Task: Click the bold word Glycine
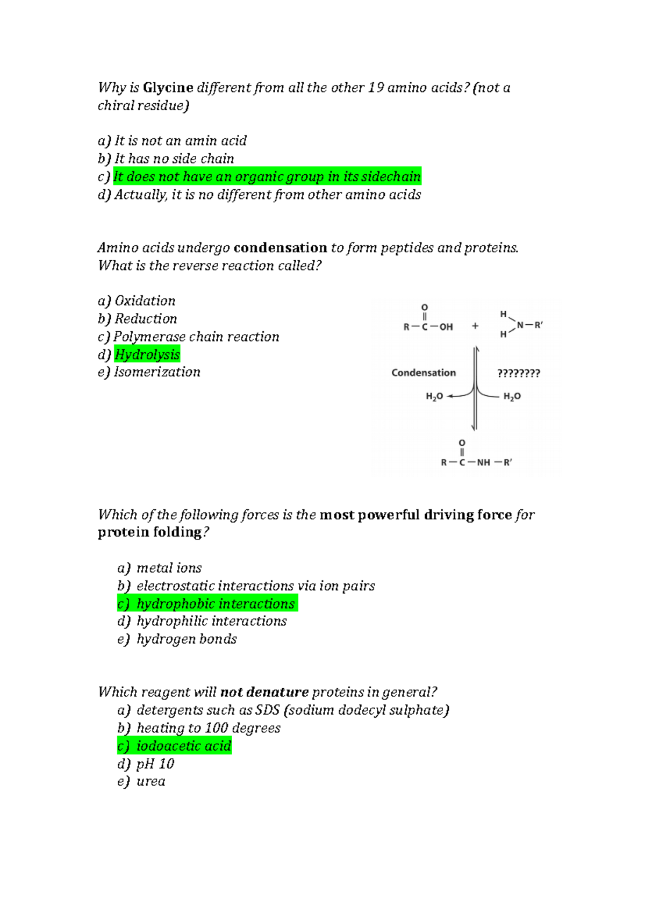168,88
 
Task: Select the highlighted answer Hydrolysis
147,354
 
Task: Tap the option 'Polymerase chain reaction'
196,337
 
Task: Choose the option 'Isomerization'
157,372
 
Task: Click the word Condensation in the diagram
424,373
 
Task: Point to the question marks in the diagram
519,373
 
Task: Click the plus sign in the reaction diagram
475,326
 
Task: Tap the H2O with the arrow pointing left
434,396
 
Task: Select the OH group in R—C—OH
446,327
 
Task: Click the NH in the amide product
483,462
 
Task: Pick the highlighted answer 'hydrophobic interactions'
215,604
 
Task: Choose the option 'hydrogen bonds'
187,639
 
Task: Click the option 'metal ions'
169,568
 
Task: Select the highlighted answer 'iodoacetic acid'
184,746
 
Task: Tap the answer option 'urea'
151,781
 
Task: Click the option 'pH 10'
155,764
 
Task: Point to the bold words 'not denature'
264,692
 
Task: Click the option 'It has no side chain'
174,159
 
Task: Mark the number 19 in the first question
376,88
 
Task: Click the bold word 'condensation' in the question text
281,248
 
